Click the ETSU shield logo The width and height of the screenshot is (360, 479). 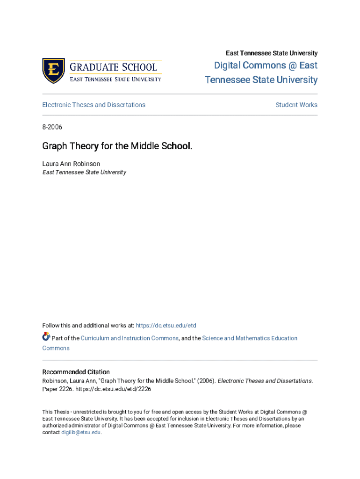53,71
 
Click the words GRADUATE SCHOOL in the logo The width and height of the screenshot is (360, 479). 114,66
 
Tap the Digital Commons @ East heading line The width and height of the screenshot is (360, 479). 266,65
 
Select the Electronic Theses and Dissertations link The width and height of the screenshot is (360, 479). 94,105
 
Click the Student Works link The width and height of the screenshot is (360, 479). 296,105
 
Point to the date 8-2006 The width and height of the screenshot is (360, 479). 52,127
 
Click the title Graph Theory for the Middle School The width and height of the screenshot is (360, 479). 117,146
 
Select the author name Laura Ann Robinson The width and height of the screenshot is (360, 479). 71,164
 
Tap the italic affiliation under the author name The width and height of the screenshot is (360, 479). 84,172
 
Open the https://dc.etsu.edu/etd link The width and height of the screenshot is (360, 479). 166,326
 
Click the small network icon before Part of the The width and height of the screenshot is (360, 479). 46,337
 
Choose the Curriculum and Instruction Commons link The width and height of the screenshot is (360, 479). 130,338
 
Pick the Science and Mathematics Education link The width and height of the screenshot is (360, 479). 250,338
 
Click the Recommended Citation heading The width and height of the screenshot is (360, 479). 76,372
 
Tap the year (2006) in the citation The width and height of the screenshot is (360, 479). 204,381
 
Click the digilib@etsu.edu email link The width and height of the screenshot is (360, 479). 81,433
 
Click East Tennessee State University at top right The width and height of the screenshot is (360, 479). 272,53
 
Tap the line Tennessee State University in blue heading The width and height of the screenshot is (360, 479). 261,80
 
